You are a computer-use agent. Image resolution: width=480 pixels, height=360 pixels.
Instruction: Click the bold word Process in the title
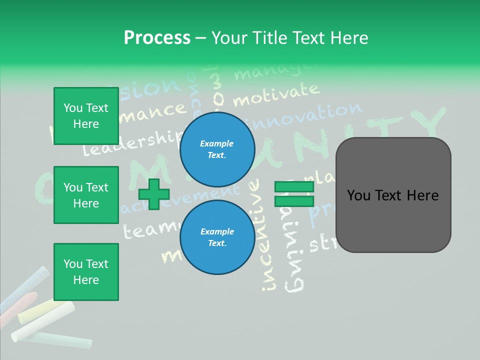point(157,38)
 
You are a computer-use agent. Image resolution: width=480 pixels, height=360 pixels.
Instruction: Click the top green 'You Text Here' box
point(86,116)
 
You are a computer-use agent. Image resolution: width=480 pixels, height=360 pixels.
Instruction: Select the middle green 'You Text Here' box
point(86,195)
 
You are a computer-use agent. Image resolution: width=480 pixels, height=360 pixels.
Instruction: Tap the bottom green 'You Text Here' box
point(86,272)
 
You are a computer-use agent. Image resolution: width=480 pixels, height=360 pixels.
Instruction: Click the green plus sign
point(153,194)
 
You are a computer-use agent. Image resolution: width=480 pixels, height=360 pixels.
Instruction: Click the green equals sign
point(294,194)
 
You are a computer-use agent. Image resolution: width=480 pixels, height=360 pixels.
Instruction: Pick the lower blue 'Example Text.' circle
point(217,237)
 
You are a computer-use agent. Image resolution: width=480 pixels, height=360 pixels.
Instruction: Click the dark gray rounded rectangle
point(393,195)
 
